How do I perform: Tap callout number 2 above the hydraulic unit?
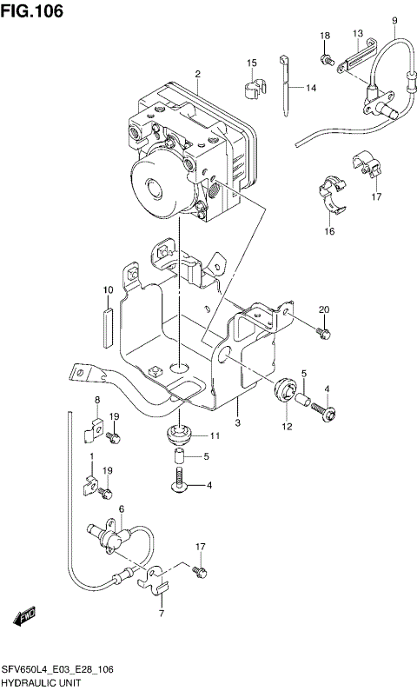pyautogui.click(x=197, y=74)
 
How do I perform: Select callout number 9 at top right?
pyautogui.click(x=394, y=20)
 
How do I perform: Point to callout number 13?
pyautogui.click(x=357, y=34)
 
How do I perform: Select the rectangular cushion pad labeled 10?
pyautogui.click(x=108, y=324)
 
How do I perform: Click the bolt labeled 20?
pyautogui.click(x=323, y=331)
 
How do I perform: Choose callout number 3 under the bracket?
pyautogui.click(x=236, y=422)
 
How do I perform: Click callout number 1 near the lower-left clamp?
pyautogui.click(x=90, y=455)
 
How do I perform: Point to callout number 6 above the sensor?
pyautogui.click(x=121, y=508)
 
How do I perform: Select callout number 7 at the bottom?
pyautogui.click(x=161, y=614)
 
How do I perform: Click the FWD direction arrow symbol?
pyautogui.click(x=24, y=618)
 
